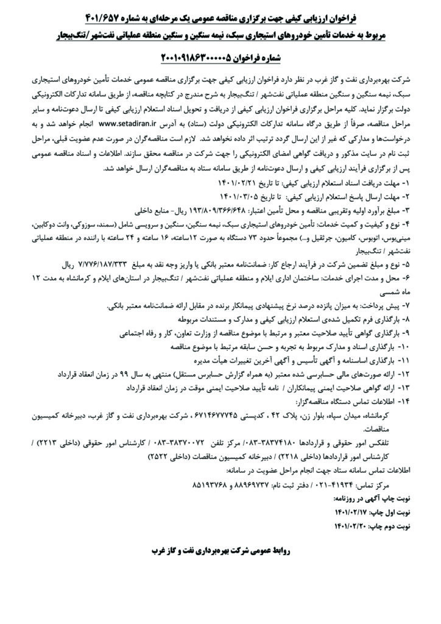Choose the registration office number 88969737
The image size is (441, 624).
point(215,485)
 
